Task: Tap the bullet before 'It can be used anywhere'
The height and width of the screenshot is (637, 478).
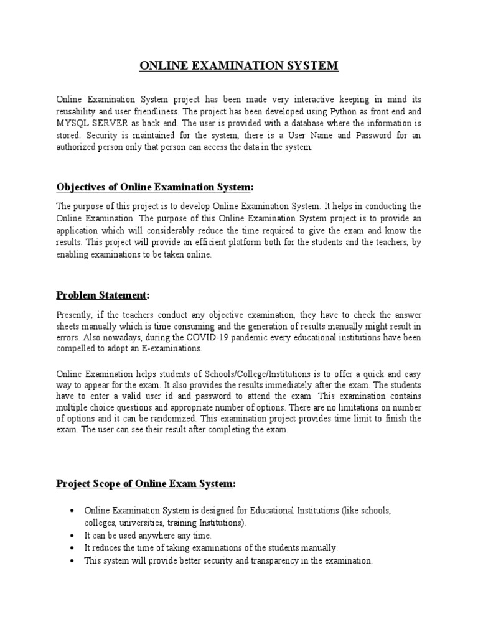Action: tap(74, 536)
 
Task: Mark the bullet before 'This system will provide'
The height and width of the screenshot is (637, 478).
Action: tap(74, 560)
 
